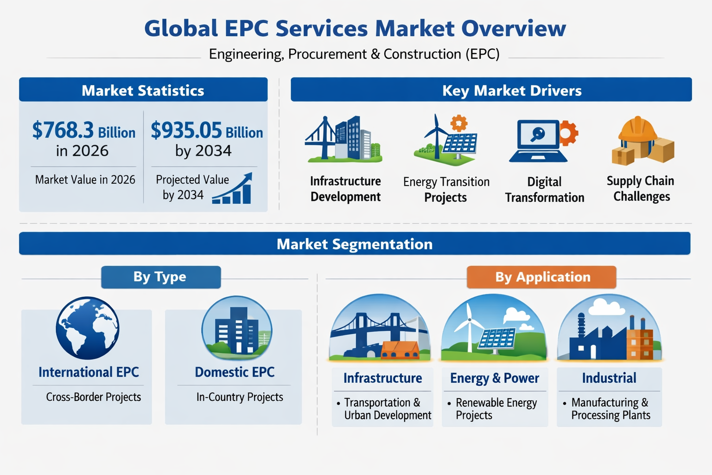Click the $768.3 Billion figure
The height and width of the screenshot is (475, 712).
[84, 130]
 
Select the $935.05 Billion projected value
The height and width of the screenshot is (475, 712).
[207, 130]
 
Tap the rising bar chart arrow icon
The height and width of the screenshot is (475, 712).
[232, 188]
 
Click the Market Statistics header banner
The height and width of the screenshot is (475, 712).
[143, 90]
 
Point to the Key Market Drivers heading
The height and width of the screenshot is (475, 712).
[512, 90]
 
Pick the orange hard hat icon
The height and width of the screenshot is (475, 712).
[637, 129]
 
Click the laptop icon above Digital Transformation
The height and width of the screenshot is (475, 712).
[538, 141]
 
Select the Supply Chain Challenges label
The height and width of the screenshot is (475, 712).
[641, 189]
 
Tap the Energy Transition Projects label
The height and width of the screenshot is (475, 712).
[446, 190]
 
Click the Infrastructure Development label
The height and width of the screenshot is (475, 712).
[345, 189]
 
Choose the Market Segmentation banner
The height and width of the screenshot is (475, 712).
[355, 244]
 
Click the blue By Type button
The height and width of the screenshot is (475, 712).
[161, 277]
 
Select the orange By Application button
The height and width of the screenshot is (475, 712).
[541, 277]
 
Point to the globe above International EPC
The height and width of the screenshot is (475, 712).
[88, 328]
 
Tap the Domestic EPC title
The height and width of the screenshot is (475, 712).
[235, 372]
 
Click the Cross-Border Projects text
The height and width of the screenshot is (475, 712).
[94, 397]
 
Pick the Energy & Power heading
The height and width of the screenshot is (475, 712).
[495, 378]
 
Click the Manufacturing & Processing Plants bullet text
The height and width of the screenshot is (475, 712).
[610, 409]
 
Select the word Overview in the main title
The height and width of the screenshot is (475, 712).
[514, 29]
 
